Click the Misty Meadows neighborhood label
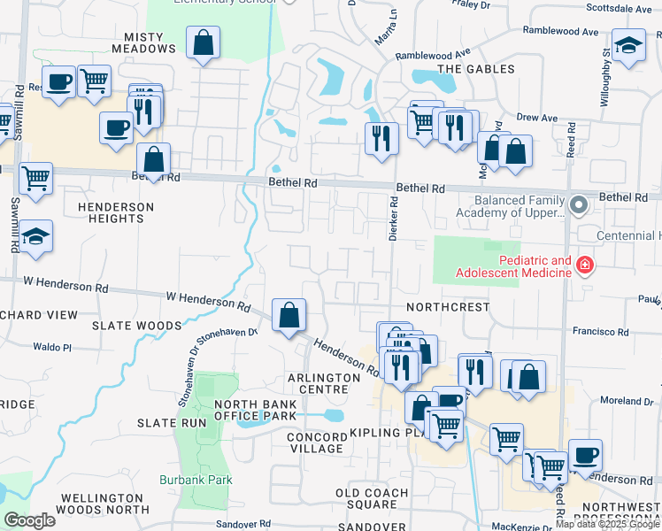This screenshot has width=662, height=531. coord(144,49)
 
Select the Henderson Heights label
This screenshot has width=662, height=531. coord(115,212)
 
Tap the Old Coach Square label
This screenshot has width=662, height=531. coord(372,498)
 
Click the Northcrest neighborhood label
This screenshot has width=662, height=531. coord(447,307)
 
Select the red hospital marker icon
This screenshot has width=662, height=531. coord(583,265)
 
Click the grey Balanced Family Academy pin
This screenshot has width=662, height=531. coord(579,205)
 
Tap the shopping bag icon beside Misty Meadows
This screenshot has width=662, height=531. coord(203,42)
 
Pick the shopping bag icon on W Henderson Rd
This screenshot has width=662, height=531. coord(289,314)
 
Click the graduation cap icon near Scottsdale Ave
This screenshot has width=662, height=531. coord(629,46)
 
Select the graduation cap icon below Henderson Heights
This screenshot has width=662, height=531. coord(35,236)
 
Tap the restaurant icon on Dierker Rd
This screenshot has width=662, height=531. coord(382,138)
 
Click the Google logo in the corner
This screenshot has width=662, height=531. coord(29,520)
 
